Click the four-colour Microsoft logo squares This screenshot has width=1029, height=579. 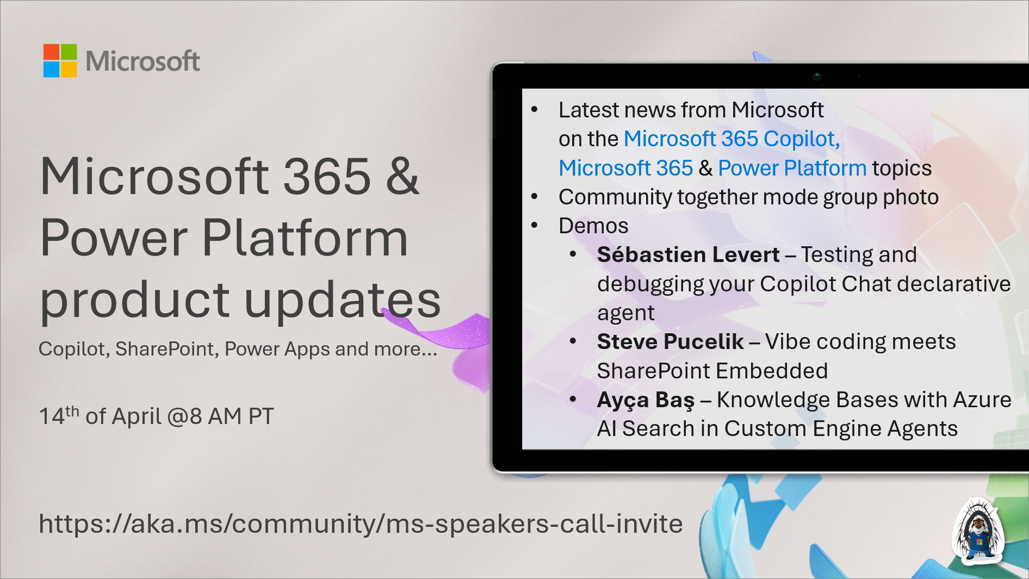tap(60, 60)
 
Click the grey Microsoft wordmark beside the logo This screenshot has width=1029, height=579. tap(142, 61)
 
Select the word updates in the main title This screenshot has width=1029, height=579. tap(343, 300)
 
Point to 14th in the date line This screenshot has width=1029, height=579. tap(58, 416)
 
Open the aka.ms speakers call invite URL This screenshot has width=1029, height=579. tap(360, 524)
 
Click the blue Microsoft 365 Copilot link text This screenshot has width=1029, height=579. tap(731, 139)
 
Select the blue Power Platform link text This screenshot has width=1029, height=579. tap(792, 169)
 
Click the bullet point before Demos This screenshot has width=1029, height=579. tap(535, 226)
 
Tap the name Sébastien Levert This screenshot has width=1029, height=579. tap(688, 255)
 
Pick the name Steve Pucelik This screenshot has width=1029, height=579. tap(670, 342)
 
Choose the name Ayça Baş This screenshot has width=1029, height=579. tap(646, 400)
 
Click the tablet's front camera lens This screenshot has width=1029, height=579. tap(816, 76)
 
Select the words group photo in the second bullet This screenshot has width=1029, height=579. tap(881, 197)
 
